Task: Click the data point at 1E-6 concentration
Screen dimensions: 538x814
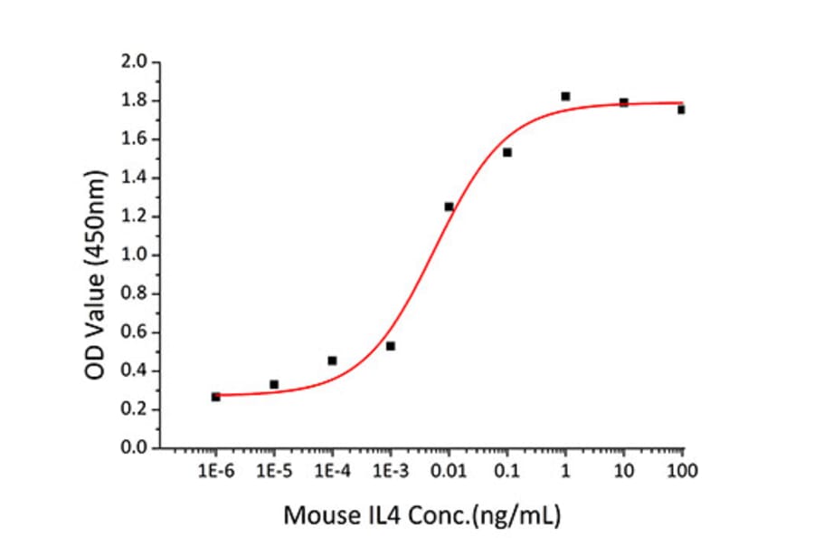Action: pos(215,397)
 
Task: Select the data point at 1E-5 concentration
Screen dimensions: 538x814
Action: pos(274,385)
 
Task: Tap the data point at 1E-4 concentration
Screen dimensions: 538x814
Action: pos(332,360)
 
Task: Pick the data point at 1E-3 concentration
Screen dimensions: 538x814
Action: pos(391,346)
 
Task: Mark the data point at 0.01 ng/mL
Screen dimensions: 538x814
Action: pos(449,207)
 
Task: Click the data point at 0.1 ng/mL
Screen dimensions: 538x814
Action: pos(507,152)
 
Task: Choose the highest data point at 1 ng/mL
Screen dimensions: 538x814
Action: pos(565,96)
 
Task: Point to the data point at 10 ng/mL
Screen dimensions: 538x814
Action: pos(624,102)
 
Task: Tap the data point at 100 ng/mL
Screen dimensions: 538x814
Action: pos(681,110)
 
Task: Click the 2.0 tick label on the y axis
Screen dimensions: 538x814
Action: pos(135,62)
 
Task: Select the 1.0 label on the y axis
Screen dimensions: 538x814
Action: pos(135,255)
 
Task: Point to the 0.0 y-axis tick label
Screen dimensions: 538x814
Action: pos(135,448)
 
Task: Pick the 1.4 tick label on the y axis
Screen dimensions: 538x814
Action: pos(135,178)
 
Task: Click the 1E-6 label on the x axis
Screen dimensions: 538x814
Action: pos(215,471)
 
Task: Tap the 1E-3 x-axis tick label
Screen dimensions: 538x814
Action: pos(391,471)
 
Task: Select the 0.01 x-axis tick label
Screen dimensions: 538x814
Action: pos(449,471)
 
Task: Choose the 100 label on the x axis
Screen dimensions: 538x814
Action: pos(682,471)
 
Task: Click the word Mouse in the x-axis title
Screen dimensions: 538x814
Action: pos(316,516)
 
